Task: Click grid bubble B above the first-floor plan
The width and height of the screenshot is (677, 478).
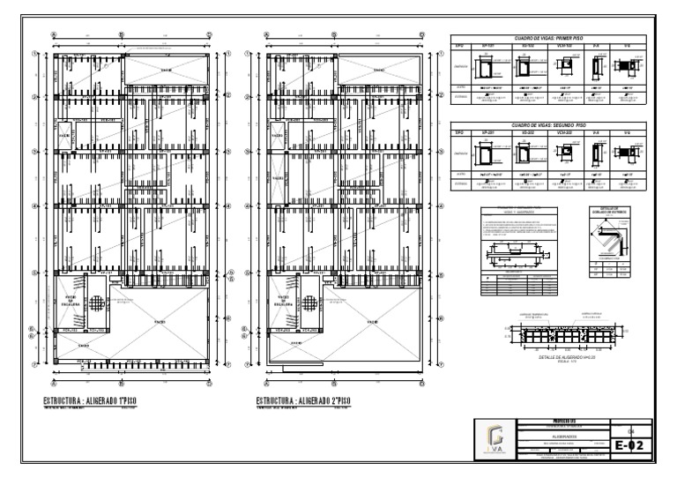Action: click(x=122, y=36)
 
